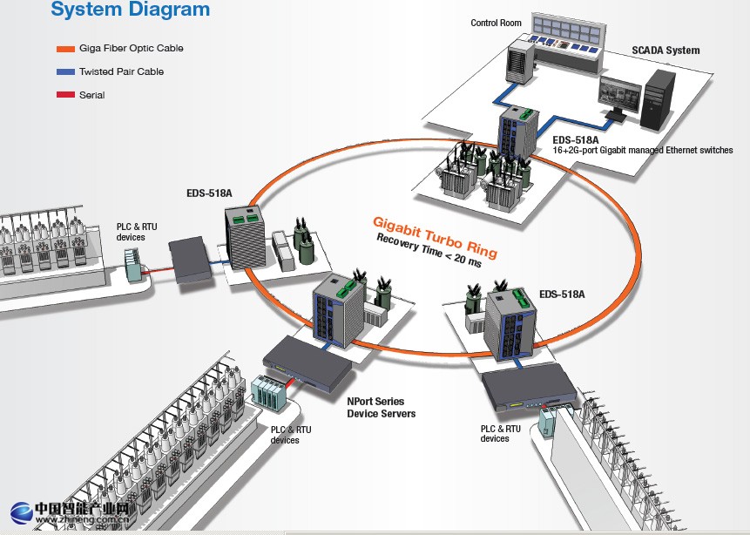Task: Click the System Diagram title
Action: pyautogui.click(x=130, y=10)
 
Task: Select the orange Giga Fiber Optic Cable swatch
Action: pyautogui.click(x=64, y=49)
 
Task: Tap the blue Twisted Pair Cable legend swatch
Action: pyautogui.click(x=64, y=71)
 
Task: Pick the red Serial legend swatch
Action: pyautogui.click(x=64, y=95)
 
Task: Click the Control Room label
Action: pyautogui.click(x=496, y=23)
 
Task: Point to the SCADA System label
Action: pyautogui.click(x=666, y=51)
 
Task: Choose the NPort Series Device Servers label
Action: pyautogui.click(x=382, y=408)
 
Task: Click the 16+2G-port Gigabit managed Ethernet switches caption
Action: pyautogui.click(x=643, y=151)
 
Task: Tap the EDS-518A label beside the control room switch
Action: pyautogui.click(x=576, y=139)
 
